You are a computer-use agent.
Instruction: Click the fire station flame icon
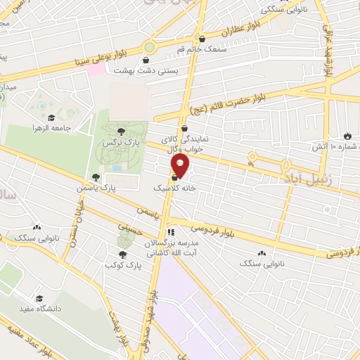pyautogui.click(x=347, y=136)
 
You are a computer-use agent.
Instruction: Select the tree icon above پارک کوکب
pyautogui.click(x=123, y=255)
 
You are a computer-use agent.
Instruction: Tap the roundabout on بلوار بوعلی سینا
pyautogui.click(x=149, y=47)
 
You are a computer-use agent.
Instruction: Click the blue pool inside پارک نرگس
pyautogui.click(x=115, y=168)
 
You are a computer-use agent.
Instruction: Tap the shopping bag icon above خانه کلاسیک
pyautogui.click(x=174, y=178)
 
